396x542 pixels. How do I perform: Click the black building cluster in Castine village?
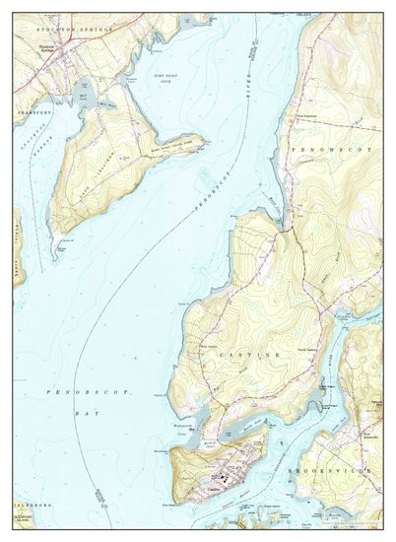(x=228, y=480)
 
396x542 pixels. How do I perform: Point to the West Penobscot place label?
(x=308, y=114)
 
